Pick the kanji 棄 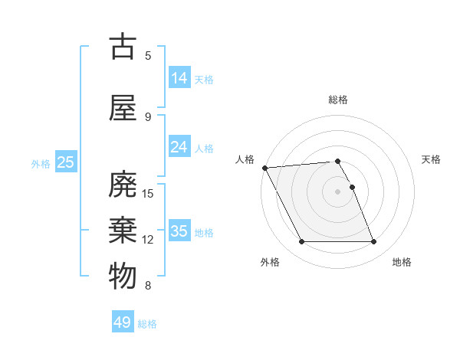pos(123,230)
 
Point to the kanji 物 pos(123,276)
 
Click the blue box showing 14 pos(179,78)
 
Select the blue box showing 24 pos(179,147)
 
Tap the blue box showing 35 pos(179,231)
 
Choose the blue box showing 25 pos(65,162)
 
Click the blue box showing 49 pos(123,322)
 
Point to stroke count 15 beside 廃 pos(149,193)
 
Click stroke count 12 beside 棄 pos(149,240)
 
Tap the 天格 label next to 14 pos(204,79)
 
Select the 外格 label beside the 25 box pos(41,163)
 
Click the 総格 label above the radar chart pos(338,100)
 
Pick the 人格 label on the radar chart pos(245,159)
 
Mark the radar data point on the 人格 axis pos(264,168)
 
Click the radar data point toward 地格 pos(374,242)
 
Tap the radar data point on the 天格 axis pos(353,187)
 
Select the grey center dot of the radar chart pos(338,191)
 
